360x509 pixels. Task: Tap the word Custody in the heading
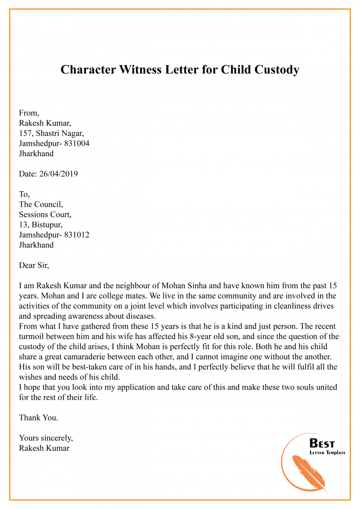[x=277, y=70]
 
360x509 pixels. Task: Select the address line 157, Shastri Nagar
[x=52, y=133]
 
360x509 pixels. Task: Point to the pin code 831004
[x=75, y=143]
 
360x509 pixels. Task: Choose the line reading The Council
[x=41, y=204]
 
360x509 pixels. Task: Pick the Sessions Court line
[x=45, y=214]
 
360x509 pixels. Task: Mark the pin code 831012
[x=75, y=235]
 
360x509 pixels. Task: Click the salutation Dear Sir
[x=34, y=265]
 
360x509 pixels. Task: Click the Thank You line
[x=38, y=417]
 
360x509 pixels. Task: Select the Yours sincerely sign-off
[x=45, y=438]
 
